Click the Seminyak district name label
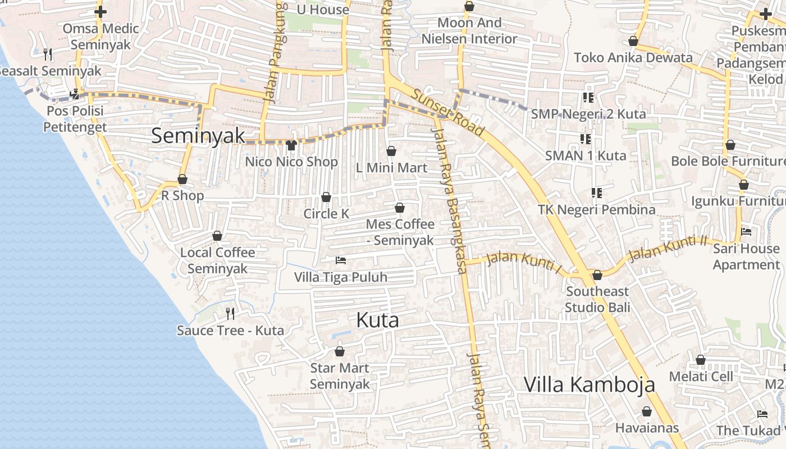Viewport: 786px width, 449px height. click(198, 136)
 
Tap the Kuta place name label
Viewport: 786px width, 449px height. click(377, 320)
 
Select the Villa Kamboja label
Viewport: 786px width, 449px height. click(589, 384)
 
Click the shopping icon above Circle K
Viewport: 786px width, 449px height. click(326, 197)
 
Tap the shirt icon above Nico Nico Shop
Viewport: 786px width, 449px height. click(291, 145)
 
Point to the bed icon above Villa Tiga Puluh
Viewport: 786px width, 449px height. click(340, 260)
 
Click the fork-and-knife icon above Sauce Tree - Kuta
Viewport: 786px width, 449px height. click(230, 313)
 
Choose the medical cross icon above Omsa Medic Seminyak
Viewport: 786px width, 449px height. click(100, 11)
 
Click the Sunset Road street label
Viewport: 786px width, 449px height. click(447, 112)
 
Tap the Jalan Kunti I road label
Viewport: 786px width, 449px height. click(523, 262)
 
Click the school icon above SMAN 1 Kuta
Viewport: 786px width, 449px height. click(585, 139)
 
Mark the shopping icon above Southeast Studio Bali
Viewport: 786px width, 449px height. click(597, 275)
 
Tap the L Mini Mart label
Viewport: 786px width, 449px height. click(392, 168)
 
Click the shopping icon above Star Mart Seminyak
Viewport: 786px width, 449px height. click(339, 352)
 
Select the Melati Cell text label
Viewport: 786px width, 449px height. click(701, 376)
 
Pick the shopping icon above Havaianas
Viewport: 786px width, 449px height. click(646, 411)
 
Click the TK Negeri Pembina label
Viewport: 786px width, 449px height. click(596, 209)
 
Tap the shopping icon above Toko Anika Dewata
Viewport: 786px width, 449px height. click(633, 41)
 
